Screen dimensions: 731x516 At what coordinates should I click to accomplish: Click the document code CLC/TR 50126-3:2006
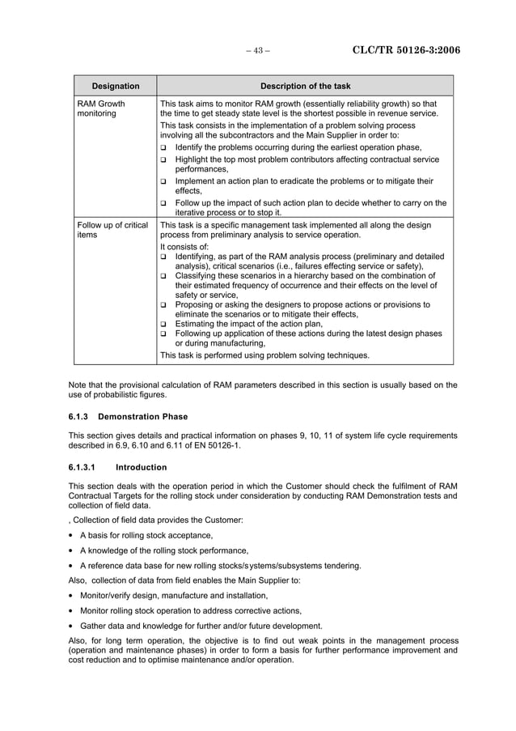[406, 50]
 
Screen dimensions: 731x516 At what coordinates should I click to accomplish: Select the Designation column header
[115, 86]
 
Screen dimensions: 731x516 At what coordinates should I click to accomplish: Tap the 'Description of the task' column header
[305, 86]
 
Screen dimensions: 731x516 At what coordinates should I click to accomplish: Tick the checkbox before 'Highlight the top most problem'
[163, 160]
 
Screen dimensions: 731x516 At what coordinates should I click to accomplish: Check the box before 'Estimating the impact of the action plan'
[163, 325]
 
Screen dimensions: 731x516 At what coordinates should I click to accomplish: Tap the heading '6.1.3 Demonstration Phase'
[128, 417]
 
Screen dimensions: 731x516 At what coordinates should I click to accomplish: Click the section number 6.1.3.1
[82, 467]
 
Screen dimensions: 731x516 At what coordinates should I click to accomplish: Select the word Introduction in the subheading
[142, 467]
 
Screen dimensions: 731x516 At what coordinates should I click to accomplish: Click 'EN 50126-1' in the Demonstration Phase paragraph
[216, 445]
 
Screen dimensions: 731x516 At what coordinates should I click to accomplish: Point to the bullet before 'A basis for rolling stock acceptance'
[72, 536]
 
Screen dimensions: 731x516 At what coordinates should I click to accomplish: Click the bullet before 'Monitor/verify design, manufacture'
[72, 596]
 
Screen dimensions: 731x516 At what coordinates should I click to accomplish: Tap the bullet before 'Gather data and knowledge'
[72, 626]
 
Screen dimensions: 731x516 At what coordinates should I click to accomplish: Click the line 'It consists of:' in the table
[184, 247]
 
